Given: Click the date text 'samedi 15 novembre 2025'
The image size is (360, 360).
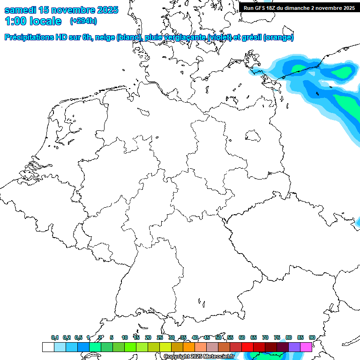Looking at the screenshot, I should pos(61,10).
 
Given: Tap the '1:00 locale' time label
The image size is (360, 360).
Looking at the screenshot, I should pos(33,21).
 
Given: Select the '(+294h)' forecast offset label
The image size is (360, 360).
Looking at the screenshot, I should pos(83,21).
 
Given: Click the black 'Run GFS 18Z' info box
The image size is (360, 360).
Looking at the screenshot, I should pos(300,7).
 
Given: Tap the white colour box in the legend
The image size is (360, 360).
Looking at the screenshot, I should pos(48,347).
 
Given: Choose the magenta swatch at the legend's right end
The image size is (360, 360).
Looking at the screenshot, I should pos(306,347).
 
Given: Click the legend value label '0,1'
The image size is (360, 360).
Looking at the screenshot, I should pos(55,337).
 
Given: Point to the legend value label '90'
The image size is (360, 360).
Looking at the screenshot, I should pos(312,337).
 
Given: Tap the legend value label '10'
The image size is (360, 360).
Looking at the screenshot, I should pos(125,337).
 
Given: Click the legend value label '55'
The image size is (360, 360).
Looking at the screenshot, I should pos(230,337).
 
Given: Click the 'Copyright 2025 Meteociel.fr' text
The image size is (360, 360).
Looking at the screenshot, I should pos(199,357).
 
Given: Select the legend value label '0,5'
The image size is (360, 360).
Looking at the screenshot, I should pos(78,337).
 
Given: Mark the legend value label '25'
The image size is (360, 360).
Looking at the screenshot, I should pos(160,337).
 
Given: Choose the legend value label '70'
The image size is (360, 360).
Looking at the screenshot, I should pos(265,337).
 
